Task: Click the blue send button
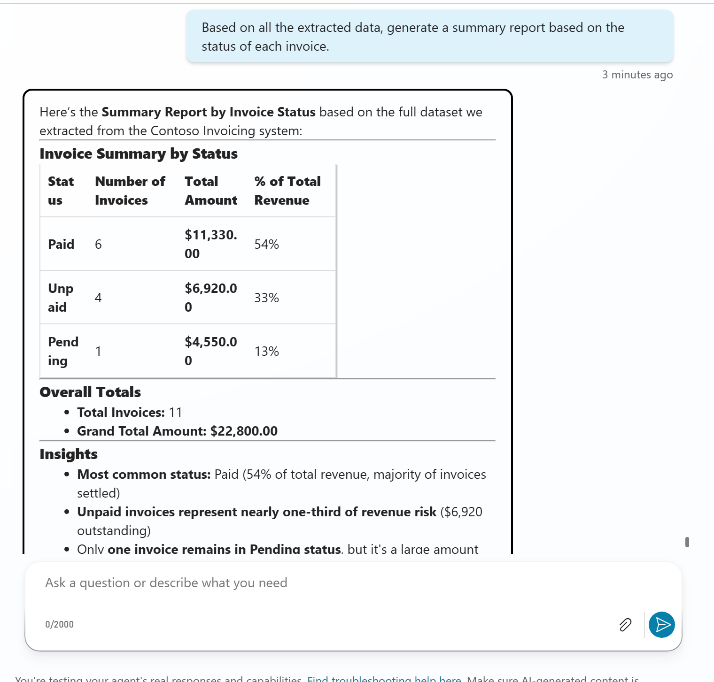[x=661, y=625]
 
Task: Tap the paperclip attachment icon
[x=625, y=625]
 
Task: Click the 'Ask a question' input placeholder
[x=166, y=583]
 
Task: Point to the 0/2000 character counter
[x=60, y=624]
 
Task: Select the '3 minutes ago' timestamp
[x=637, y=75]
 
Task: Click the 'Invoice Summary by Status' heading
[x=139, y=154]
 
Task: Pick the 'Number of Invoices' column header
[x=130, y=191]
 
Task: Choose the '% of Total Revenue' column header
[x=287, y=191]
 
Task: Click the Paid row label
[x=61, y=244]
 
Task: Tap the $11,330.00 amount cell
[x=210, y=244]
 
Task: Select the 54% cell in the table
[x=267, y=244]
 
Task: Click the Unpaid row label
[x=61, y=298]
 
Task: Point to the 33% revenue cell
[x=267, y=298]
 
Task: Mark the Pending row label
[x=63, y=351]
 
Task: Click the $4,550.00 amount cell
[x=210, y=351]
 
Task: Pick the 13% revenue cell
[x=267, y=351]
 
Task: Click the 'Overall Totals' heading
[x=90, y=392]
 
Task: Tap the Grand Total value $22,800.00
[x=244, y=431]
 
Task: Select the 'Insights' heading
[x=69, y=454]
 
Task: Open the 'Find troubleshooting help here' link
[x=384, y=679]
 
